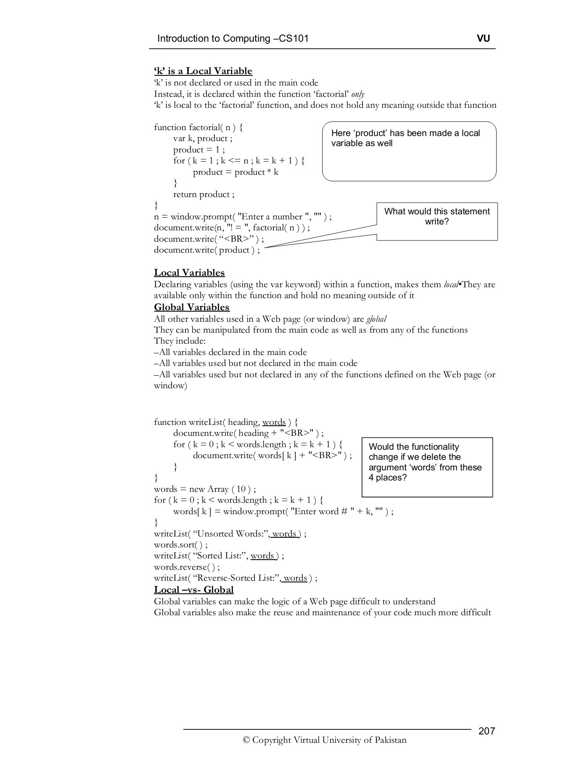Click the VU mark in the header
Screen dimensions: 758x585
point(483,39)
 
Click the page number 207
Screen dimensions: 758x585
point(487,731)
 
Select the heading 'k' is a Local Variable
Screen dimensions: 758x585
point(203,71)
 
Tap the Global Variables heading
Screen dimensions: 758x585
point(192,307)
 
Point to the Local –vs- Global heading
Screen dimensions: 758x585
point(193,590)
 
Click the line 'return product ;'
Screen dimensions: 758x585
point(204,195)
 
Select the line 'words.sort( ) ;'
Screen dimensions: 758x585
point(181,544)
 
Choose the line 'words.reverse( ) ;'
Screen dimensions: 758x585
point(187,567)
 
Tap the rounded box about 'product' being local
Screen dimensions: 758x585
point(409,152)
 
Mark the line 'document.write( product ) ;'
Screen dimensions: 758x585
point(206,250)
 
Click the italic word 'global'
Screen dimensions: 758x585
point(376,319)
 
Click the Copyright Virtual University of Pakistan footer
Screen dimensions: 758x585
point(324,740)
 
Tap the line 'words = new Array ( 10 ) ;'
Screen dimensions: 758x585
point(205,489)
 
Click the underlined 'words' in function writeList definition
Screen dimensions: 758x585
point(274,422)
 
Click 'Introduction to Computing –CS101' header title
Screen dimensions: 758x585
point(233,39)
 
